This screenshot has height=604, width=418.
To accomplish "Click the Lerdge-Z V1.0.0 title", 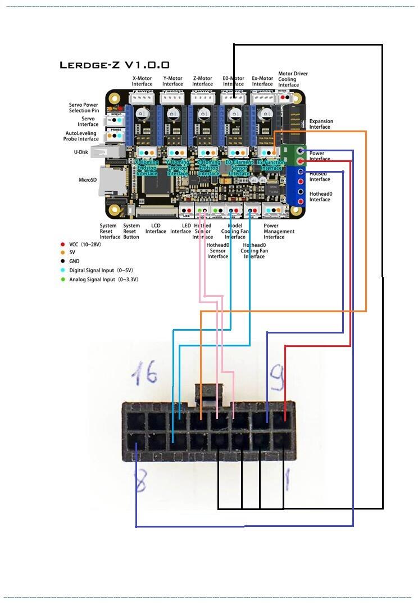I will pyautogui.click(x=115, y=65).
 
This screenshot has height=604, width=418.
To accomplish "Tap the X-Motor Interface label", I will pyautogui.click(x=142, y=82).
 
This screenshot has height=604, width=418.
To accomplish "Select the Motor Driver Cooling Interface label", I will pyautogui.click(x=293, y=79).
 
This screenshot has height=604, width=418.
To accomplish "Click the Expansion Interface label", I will pyautogui.click(x=321, y=124).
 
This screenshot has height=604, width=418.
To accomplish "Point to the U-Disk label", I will pyautogui.click(x=80, y=152).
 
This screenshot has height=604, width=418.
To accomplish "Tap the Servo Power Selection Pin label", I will pyautogui.click(x=84, y=107).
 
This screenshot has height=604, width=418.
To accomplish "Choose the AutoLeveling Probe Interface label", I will pyautogui.click(x=81, y=136).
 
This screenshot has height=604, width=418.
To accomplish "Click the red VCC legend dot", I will pyautogui.click(x=62, y=244).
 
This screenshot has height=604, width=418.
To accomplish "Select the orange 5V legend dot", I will pyautogui.click(x=62, y=253).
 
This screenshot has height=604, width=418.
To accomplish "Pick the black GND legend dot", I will pyautogui.click(x=62, y=262).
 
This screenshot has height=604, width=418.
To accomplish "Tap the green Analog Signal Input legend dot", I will pyautogui.click(x=62, y=280).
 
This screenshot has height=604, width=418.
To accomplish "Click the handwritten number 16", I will pyautogui.click(x=144, y=373).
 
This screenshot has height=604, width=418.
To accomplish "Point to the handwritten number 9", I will pyautogui.click(x=277, y=373).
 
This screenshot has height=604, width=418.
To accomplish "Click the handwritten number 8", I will pyautogui.click(x=140, y=481).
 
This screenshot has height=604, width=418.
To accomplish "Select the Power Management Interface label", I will pyautogui.click(x=279, y=231).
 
